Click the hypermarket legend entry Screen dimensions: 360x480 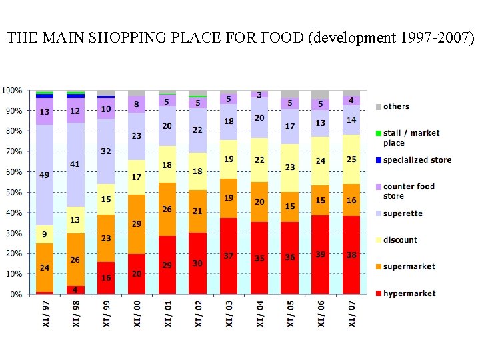[x=409, y=293]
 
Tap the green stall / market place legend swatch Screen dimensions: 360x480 [x=379, y=133]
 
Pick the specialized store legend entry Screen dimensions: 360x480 [x=417, y=160]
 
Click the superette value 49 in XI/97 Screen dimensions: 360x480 [x=45, y=175]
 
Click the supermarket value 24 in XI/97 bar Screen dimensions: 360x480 [x=45, y=269]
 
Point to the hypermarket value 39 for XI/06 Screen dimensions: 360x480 [x=321, y=255]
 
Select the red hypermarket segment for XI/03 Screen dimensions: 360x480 [x=229, y=255]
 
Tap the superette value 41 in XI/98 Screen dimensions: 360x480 [x=75, y=165]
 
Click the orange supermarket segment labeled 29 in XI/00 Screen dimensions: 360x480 [x=137, y=224]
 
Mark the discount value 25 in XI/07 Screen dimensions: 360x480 [x=351, y=159]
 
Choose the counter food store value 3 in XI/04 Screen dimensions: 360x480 [x=259, y=95]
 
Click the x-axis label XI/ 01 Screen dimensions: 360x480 [x=167, y=313]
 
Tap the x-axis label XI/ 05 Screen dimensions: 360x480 [x=290, y=313]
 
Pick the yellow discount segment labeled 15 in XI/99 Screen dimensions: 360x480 [x=106, y=199]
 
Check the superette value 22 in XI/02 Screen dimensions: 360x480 [x=198, y=130]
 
